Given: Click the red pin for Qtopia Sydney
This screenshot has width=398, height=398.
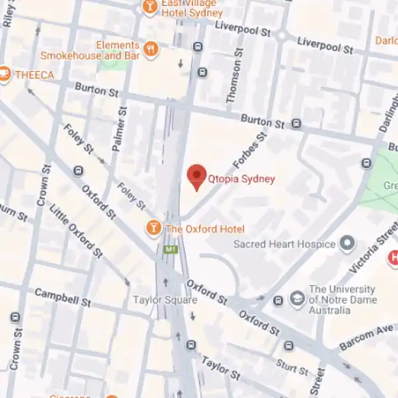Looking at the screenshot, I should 196,176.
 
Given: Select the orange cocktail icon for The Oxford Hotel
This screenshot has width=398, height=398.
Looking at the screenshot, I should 154,229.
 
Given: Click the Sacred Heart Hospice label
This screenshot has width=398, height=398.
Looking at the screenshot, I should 284,244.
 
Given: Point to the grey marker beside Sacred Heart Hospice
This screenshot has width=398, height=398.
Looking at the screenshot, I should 347,244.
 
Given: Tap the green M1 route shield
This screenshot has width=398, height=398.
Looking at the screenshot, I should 170,249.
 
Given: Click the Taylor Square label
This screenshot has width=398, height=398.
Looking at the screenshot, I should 165,300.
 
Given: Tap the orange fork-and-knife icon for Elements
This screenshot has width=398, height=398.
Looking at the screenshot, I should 151,48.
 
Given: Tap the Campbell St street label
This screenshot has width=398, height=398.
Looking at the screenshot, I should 62,297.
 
